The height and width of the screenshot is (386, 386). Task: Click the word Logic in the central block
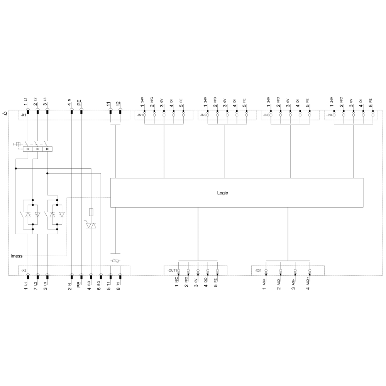click(x=222, y=193)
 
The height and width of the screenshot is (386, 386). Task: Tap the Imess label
click(x=17, y=256)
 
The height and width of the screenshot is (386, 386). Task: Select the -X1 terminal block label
click(x=24, y=115)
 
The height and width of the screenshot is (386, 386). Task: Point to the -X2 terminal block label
click(x=24, y=271)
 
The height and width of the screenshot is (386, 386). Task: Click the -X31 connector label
click(x=258, y=271)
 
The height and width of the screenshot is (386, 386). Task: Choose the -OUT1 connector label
click(x=172, y=271)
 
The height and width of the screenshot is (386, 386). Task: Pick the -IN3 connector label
click(x=266, y=115)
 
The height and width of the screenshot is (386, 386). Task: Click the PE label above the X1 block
click(x=80, y=103)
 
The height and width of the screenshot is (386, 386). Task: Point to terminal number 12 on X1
click(x=119, y=104)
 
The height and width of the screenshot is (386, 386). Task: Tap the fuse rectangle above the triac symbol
click(x=91, y=212)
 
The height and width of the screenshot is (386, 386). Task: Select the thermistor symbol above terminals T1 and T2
click(x=115, y=261)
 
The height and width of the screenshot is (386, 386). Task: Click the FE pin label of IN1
click(x=181, y=101)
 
